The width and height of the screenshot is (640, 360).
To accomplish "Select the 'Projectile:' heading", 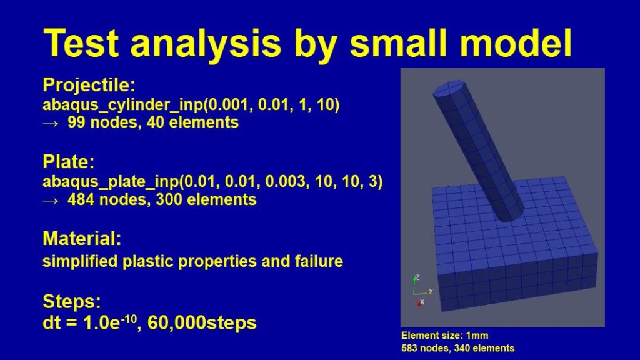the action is tap(89, 85).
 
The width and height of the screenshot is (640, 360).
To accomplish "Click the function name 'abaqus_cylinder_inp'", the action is tap(122, 105).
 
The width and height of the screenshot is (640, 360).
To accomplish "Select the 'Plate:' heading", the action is tap(69, 162).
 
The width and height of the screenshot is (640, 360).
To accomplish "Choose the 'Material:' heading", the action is tap(82, 239).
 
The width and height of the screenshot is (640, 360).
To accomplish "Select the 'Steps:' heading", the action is tap(72, 302).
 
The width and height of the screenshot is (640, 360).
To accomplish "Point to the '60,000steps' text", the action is tap(202, 323).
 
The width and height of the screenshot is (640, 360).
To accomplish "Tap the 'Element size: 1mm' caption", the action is tap(445, 336).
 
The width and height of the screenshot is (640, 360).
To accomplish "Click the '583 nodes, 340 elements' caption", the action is tap(458, 348).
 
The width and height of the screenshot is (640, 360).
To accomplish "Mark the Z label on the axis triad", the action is tap(417, 277).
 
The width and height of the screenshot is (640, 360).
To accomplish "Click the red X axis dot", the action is tap(419, 304).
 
